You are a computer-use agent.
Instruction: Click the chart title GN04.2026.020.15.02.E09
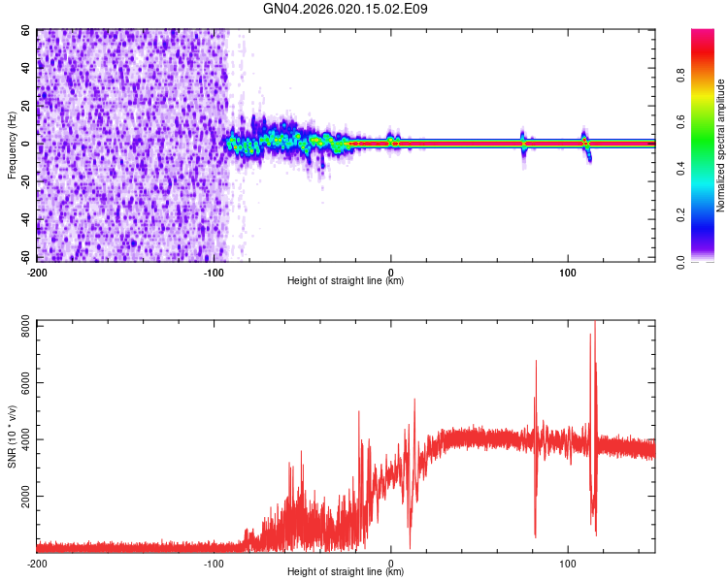pos(346,9)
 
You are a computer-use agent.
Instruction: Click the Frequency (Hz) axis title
pos(13,145)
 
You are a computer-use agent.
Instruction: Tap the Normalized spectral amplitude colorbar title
pos(720,145)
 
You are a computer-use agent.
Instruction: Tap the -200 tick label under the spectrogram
pos(37,272)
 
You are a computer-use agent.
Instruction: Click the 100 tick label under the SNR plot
pos(567,563)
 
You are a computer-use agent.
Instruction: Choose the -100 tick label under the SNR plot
pos(214,563)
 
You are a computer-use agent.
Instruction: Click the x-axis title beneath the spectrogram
pos(346,281)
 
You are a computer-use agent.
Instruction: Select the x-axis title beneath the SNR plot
pos(346,572)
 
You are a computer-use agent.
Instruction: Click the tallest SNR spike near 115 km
pos(594,325)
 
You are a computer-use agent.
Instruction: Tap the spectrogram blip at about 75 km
pos(522,142)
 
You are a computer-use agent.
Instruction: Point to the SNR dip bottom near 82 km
pos(535,534)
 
